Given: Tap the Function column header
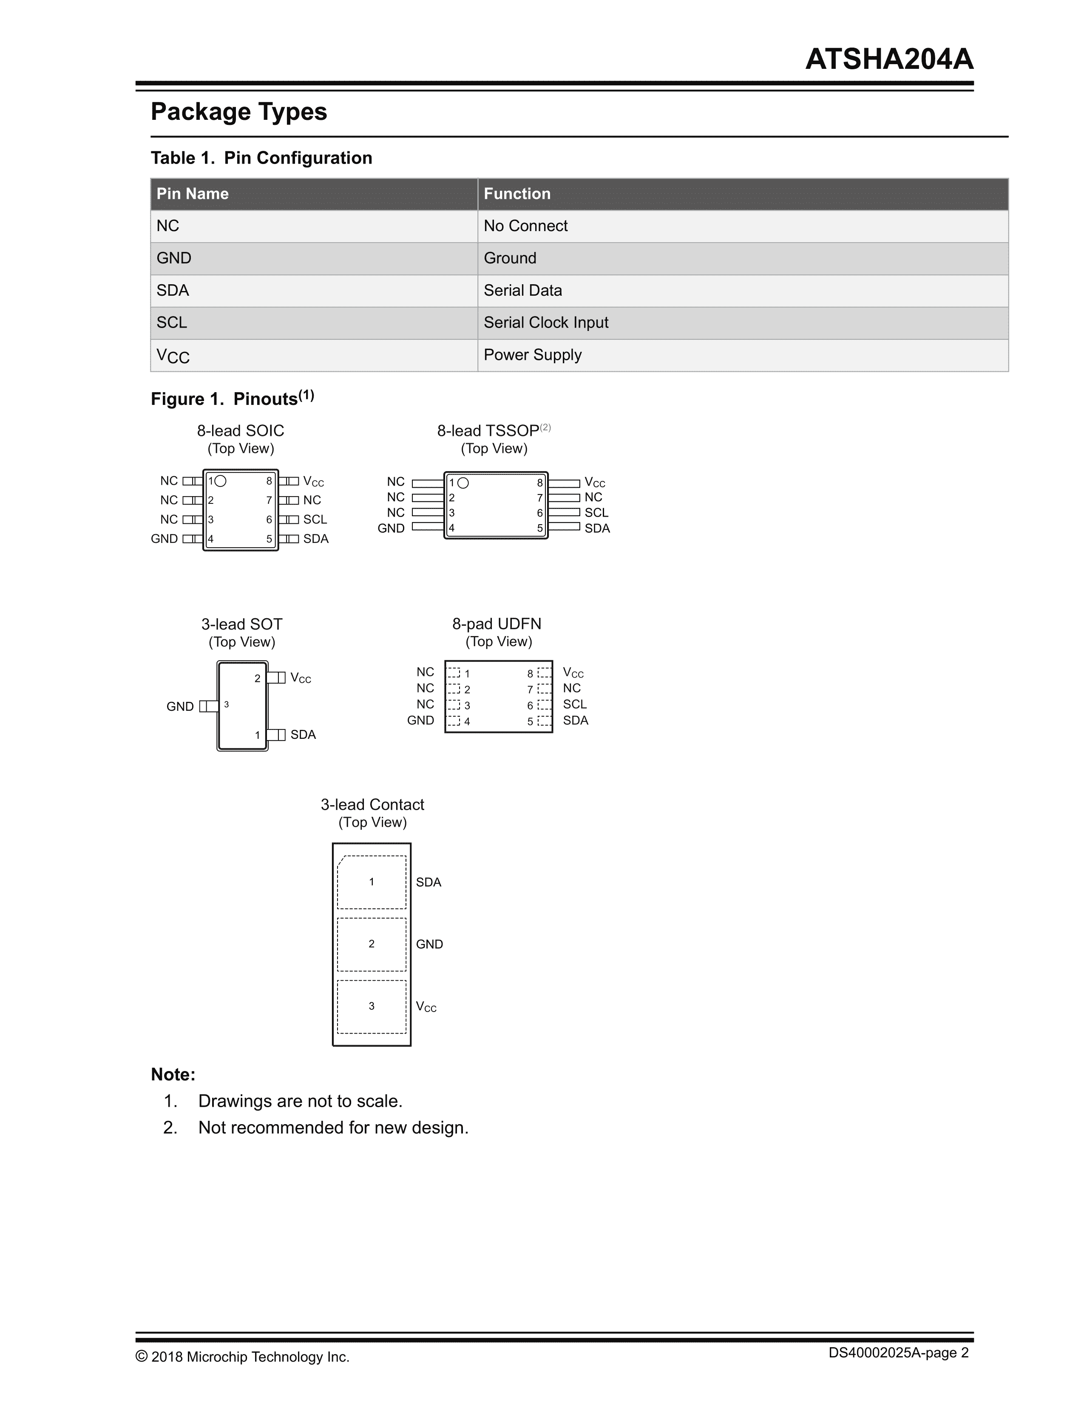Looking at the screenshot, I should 517,194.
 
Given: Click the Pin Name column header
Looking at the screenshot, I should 193,194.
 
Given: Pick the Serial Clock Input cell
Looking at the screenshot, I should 546,323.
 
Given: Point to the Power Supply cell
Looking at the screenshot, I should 532,355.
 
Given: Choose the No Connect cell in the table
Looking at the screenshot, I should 525,226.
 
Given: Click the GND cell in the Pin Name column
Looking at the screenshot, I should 174,258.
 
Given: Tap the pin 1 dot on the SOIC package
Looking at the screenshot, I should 220,481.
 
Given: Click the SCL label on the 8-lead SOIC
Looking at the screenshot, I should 315,519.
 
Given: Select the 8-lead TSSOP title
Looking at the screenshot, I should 488,431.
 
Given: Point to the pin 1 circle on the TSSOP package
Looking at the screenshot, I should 463,483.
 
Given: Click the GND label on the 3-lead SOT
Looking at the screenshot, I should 180,707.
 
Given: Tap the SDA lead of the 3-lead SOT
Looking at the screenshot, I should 277,735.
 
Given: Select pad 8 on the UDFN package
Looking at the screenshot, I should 545,673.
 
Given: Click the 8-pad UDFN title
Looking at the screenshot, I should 497,624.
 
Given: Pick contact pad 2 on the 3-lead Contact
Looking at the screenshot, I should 371,944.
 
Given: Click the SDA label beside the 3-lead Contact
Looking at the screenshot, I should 428,883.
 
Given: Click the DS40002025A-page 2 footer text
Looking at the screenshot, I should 898,1353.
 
